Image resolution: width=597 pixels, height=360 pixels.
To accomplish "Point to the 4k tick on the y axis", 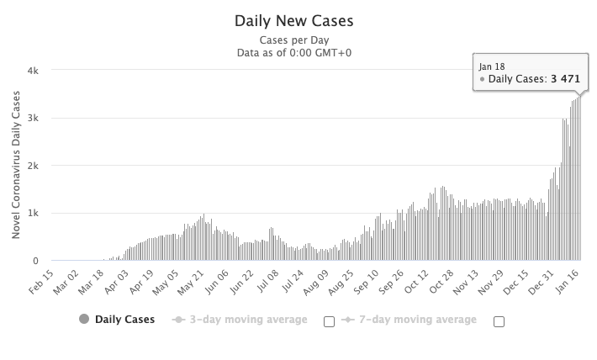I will [x=34, y=71].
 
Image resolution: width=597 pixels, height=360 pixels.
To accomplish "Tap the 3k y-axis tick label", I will [x=34, y=119].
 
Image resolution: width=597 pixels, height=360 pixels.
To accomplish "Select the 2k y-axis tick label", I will [x=34, y=166].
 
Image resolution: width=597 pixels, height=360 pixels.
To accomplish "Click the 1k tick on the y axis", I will [x=34, y=214].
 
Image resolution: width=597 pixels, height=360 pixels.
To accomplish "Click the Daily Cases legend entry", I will [x=117, y=320].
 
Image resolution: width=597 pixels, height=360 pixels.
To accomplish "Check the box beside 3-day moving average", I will [x=329, y=320].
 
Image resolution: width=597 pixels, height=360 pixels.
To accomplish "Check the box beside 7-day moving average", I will [x=499, y=320].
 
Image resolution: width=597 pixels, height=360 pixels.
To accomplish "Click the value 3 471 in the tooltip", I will [x=566, y=79].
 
